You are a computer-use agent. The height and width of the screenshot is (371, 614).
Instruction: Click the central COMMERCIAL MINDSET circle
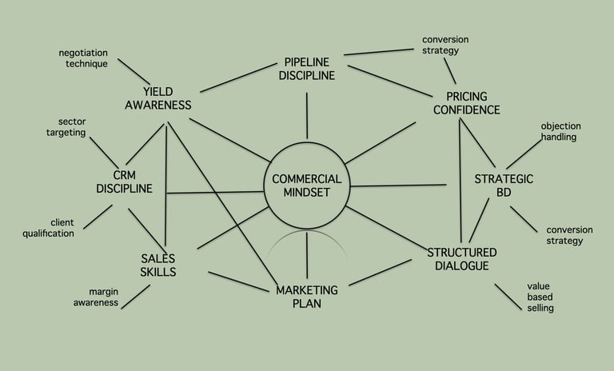pos(307,186)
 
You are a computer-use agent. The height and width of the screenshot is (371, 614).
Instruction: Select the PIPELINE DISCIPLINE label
pos(309,69)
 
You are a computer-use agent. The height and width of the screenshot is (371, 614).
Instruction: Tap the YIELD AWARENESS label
pos(157,98)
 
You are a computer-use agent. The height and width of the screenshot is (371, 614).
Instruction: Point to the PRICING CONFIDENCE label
pos(467,103)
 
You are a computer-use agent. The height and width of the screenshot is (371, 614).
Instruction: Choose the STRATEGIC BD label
pos(504,185)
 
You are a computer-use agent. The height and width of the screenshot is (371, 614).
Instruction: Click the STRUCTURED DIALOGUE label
pos(457,259)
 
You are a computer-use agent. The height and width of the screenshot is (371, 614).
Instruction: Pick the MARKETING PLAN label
pos(307,297)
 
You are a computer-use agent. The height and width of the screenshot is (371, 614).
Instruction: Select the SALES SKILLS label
pos(158,265)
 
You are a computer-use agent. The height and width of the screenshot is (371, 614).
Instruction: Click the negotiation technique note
pos(83,58)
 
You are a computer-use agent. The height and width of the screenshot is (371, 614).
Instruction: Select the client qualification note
pos(50,228)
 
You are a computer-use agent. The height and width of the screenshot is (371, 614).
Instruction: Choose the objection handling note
pos(560,132)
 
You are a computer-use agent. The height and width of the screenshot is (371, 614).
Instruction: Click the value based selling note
pos(540,297)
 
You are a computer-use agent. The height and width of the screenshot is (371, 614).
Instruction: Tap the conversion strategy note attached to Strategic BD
pos(564,235)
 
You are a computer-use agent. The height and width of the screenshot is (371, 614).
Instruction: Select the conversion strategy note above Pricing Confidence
pos(445,45)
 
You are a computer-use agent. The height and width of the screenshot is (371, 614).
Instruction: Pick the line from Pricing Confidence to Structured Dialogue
pos(460,180)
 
